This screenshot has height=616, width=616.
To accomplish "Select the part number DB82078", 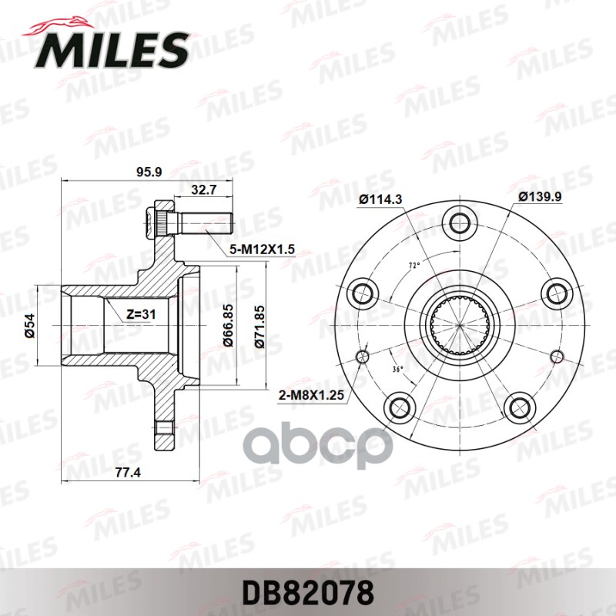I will [307, 592].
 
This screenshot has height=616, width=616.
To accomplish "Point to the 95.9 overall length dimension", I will [149, 172].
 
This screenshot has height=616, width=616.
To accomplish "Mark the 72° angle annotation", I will [413, 266].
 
